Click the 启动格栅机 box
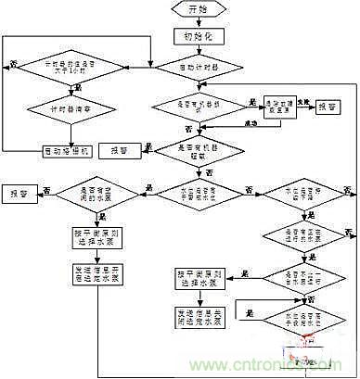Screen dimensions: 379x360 tap(71, 148)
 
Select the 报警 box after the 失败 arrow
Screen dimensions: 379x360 tap(326, 107)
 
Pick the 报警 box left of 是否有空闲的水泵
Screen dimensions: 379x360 tap(19, 193)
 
